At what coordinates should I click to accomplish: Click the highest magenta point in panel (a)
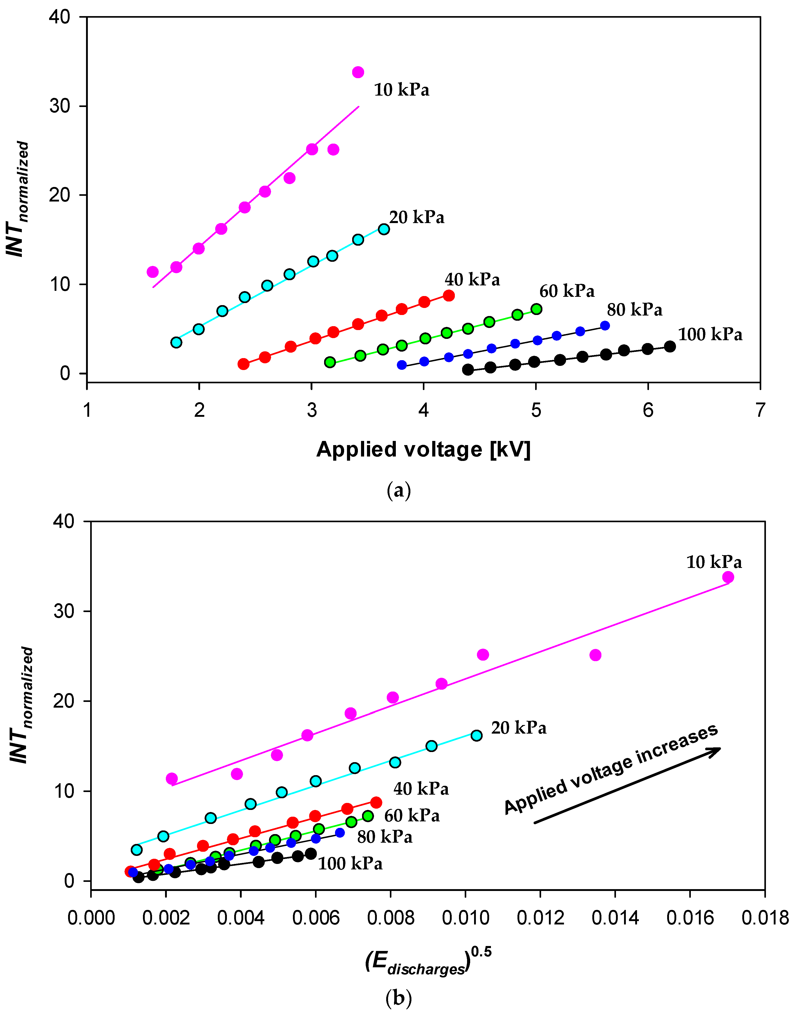coord(358,72)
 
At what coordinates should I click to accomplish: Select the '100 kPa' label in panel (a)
coord(710,334)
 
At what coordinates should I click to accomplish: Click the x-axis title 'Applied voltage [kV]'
coord(423,450)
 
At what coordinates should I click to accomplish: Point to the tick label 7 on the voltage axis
coord(760,410)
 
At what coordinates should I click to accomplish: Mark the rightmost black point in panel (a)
coord(670,346)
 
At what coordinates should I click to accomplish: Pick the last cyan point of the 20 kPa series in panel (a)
coord(384,229)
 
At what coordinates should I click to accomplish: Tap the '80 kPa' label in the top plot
coord(634,310)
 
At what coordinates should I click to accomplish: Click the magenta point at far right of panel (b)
coord(728,577)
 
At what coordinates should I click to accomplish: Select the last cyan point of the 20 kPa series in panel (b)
coord(476,735)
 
